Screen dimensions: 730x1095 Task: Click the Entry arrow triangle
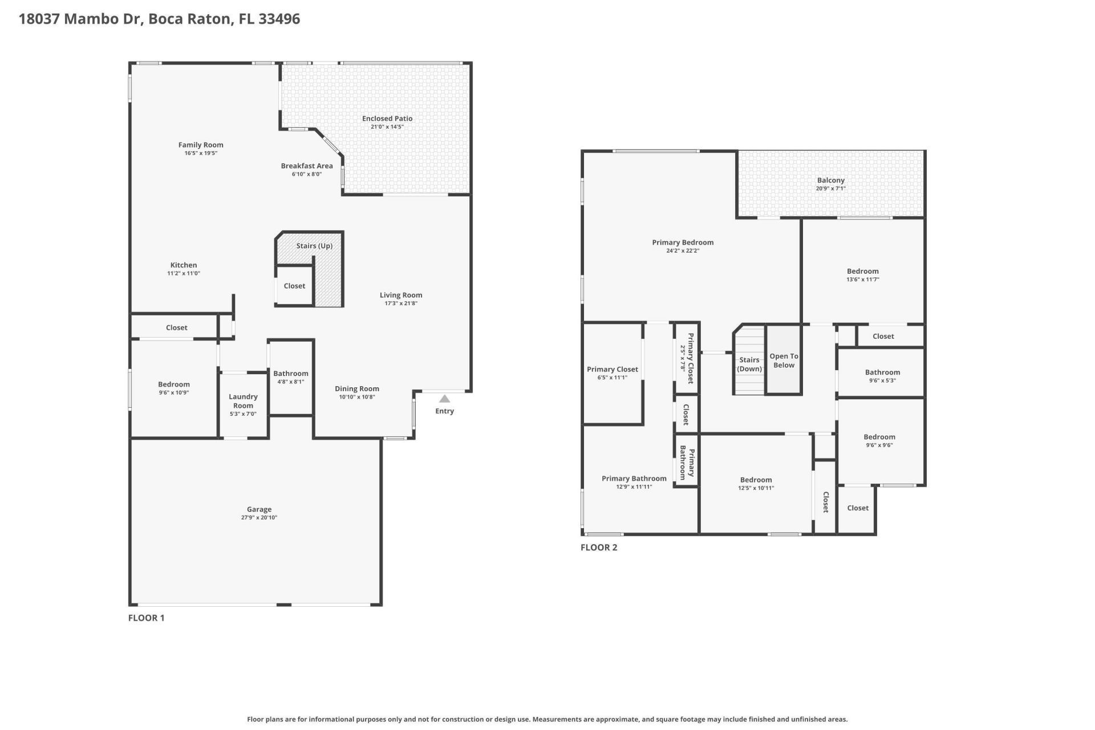[444, 399]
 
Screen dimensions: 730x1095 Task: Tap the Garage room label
[259, 509]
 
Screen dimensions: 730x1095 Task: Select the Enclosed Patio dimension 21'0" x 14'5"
[387, 127]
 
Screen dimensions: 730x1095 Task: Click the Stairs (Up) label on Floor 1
[314, 246]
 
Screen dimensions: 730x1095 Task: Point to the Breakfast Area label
[306, 166]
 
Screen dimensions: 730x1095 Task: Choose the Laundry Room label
[243, 401]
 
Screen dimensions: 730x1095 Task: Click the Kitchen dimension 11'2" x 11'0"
[184, 273]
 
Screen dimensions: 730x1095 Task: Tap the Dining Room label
[356, 389]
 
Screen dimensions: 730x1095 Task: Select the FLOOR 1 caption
[146, 618]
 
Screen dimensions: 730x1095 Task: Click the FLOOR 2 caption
[599, 547]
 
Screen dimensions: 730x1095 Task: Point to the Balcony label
[830, 180]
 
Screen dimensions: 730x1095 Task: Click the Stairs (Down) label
[749, 364]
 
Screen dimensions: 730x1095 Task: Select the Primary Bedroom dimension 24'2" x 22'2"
[683, 250]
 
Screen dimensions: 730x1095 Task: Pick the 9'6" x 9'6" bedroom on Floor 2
[879, 441]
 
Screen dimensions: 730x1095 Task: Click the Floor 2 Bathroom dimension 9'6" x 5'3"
[882, 380]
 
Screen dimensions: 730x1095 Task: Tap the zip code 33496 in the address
[279, 19]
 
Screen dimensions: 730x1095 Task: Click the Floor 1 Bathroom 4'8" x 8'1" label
[290, 378]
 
